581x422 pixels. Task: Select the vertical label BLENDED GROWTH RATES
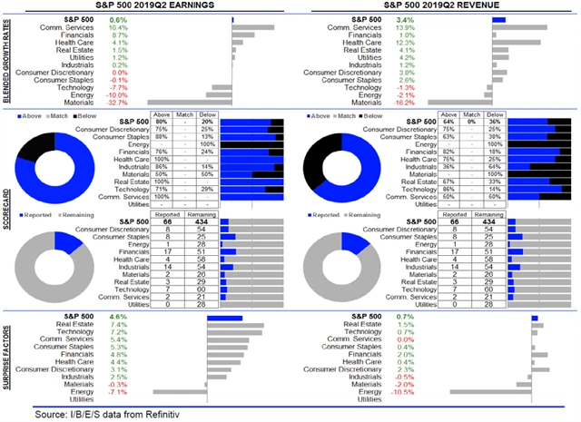7,60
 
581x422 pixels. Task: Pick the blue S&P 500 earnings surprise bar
224,317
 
